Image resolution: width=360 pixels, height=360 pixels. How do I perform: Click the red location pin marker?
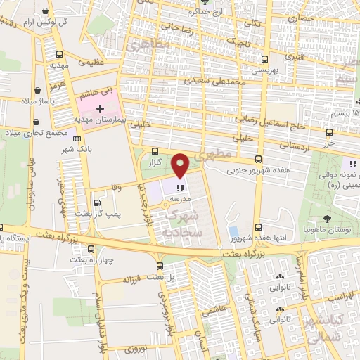181,165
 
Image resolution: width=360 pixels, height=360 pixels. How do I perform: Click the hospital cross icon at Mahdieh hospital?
100,109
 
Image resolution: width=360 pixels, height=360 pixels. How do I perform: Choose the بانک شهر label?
78,150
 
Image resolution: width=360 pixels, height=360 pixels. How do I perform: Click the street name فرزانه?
133,279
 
